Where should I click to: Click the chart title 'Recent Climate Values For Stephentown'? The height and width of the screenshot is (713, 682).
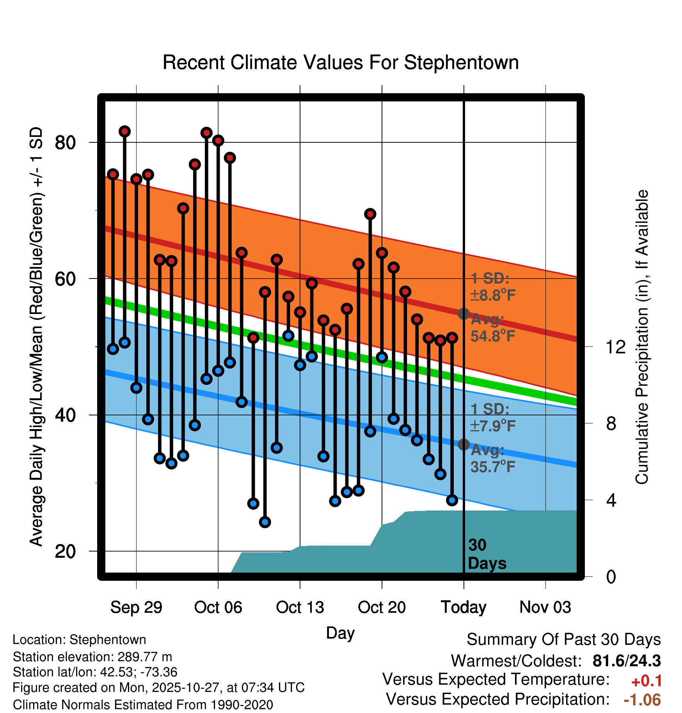coord(340,62)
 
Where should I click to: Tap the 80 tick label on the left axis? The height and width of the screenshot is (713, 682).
coord(65,143)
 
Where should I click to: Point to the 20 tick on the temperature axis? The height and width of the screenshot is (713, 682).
coord(65,552)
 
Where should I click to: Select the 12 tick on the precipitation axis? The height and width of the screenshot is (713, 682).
coord(616,347)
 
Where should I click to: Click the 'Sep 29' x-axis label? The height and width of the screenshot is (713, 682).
coord(136,607)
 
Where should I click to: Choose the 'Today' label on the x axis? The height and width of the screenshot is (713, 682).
coord(464,607)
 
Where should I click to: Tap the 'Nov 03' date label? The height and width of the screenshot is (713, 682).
coord(545,607)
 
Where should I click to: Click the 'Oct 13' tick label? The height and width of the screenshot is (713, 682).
coord(300,607)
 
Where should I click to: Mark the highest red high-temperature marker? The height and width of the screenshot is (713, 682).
coord(124,131)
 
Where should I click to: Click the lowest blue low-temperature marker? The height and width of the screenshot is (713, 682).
coord(265,522)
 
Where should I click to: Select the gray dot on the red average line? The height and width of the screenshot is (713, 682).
coord(464,314)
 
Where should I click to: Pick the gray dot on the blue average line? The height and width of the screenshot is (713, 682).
coord(464,444)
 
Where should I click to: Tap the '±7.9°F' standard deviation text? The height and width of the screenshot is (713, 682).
coord(492,426)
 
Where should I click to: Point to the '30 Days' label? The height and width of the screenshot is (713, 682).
coord(487,554)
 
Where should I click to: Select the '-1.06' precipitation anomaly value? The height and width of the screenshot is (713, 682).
coord(642,700)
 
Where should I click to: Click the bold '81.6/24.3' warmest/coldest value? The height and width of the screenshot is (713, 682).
coord(627,661)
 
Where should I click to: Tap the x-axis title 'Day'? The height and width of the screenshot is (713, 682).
coord(340,633)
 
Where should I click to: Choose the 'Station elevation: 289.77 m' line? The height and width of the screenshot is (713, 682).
coord(92,657)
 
